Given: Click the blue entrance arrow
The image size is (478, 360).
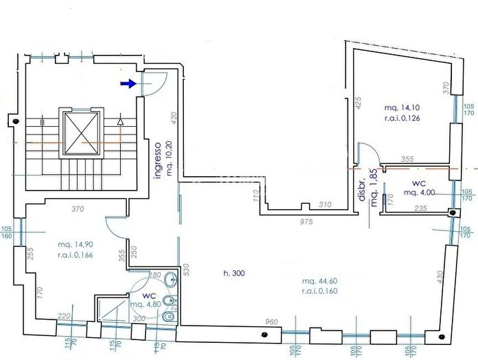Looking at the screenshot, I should point(128,84).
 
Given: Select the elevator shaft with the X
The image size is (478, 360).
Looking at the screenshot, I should point(82,130).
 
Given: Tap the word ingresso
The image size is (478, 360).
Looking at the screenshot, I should point(157,160).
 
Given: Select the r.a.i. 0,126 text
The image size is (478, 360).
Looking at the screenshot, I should point(403,118).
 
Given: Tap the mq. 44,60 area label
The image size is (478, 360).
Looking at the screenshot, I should point(319,281).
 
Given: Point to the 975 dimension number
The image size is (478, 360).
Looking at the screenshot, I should point(307,221).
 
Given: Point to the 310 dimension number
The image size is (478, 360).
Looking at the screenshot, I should point(324,204).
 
